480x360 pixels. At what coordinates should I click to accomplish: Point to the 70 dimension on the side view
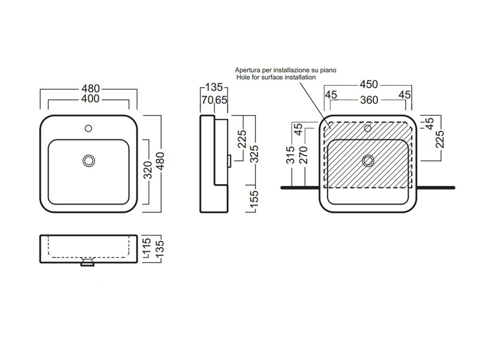pyautogui.click(x=207, y=100)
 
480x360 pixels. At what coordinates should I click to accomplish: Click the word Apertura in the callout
pyautogui.click(x=248, y=70)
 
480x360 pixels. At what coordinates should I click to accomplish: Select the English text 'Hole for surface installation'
pyautogui.click(x=275, y=77)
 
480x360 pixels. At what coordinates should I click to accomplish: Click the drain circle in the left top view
pyautogui.click(x=89, y=160)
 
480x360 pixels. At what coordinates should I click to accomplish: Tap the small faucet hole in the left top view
pyautogui.click(x=89, y=128)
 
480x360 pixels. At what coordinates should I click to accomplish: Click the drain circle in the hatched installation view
pyautogui.click(x=368, y=160)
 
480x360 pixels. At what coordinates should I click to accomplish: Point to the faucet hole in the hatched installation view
pyautogui.click(x=368, y=128)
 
